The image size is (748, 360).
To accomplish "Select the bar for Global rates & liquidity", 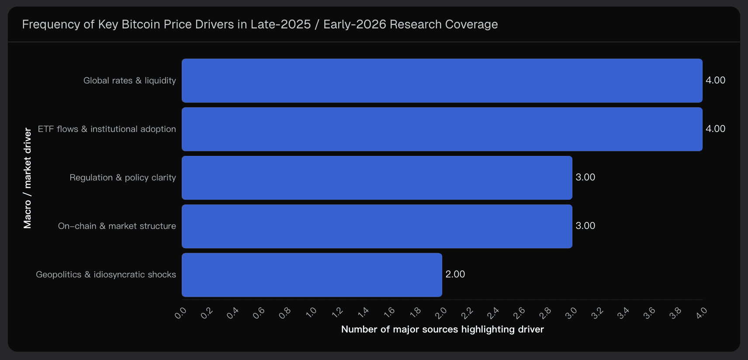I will coord(442,81).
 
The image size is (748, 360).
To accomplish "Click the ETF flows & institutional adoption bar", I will coord(442,129).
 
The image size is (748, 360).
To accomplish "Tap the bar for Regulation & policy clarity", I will coord(377,178).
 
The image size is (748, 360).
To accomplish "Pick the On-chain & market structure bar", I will coord(377,226).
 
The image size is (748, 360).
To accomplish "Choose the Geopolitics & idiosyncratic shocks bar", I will coord(312,275).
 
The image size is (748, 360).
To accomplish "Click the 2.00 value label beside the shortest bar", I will coord(455,274).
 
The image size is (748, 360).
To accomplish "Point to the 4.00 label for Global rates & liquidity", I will coord(715,80).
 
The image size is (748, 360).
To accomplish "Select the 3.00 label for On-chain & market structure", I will coord(585,226).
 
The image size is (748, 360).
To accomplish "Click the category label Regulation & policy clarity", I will coord(123,178).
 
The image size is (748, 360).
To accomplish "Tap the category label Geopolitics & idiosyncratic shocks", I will coord(106,275).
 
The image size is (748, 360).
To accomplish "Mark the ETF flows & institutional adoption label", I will coord(107,129).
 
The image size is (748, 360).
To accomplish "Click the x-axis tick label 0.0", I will coord(180,313).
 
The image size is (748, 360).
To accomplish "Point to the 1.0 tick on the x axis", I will coord(311,312).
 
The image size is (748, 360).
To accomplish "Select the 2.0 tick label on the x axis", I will coord(441,313).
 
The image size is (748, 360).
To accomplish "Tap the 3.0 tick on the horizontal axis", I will coord(571,313).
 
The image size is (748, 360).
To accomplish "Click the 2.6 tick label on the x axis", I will coord(519,313).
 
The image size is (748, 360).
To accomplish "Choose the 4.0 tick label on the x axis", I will coord(702,313).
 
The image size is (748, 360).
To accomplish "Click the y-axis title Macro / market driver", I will coord(28,178).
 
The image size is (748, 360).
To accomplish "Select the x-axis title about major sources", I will coord(442,329).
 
